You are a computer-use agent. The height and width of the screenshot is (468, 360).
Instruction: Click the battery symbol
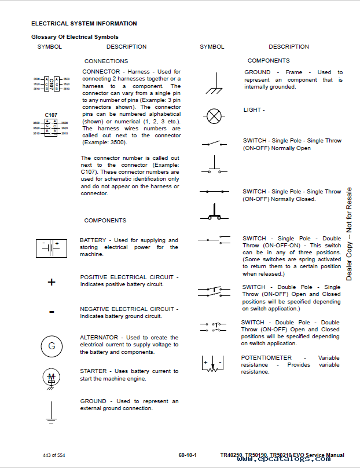pos(52,247)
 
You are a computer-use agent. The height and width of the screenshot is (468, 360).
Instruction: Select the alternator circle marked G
pos(52,346)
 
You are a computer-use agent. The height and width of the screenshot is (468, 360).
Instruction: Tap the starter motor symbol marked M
pos(52,378)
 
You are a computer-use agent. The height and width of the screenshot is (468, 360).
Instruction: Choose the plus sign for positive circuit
pos(52,282)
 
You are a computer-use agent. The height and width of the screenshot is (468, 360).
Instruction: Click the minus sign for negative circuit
pos(52,312)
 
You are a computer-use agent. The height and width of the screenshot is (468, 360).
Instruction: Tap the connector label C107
pos(51,115)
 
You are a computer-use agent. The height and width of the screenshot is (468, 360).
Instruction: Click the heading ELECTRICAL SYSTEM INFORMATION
pos(84,24)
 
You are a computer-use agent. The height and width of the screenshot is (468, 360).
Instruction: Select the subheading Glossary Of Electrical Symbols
pos(75,37)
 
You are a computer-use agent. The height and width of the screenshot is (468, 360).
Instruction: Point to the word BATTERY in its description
pos(93,240)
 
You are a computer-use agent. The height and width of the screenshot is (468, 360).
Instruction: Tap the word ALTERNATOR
pos(98,337)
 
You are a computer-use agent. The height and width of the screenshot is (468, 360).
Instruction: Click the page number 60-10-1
pos(188,455)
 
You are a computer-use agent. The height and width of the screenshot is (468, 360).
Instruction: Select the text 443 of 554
pos(54,455)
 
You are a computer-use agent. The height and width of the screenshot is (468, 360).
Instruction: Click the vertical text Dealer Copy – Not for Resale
pos(349,233)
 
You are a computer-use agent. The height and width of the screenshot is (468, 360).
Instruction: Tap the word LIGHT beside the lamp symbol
pos(252,109)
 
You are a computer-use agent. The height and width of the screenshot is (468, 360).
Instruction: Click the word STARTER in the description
pos(93,371)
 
